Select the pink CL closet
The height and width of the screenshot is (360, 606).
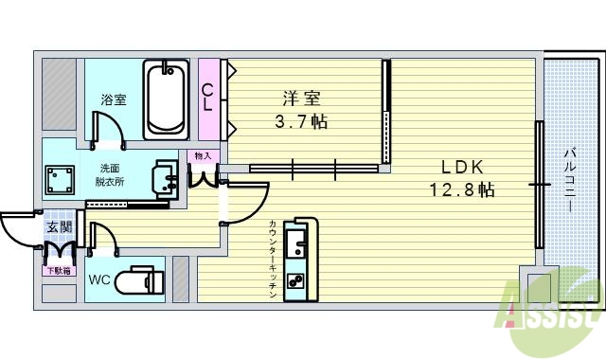coord(208,99)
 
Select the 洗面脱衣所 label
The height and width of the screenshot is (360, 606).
coord(109,175)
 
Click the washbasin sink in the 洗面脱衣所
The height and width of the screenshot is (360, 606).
coord(165,177)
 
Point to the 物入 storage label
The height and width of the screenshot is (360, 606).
coord(203,155)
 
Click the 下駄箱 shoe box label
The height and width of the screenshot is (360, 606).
coord(59,271)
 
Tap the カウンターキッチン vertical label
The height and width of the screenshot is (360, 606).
coord(273,260)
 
